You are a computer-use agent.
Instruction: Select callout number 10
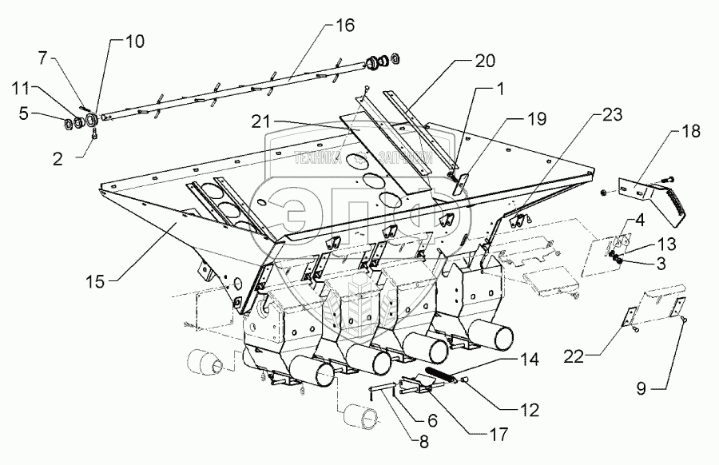(x=134, y=42)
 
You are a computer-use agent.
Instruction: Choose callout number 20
(x=486, y=60)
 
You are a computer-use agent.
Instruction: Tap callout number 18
(x=693, y=131)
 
